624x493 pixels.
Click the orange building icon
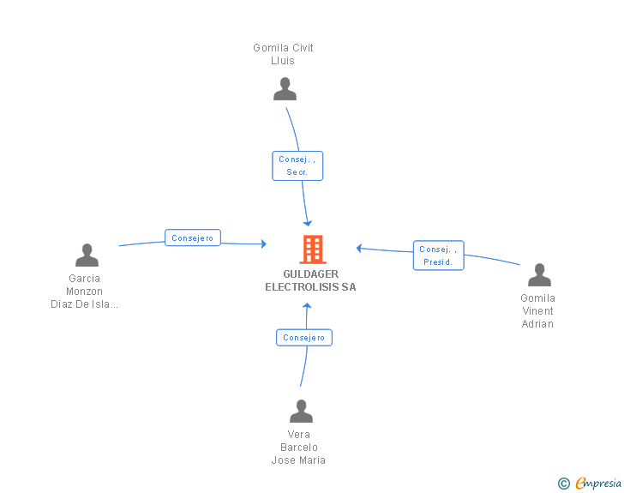pos(313,250)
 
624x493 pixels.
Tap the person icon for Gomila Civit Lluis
pos(285,89)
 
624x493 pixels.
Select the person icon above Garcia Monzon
pos(87,255)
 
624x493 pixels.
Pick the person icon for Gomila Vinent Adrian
pos(539,274)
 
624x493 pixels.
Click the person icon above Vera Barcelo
pos(301,411)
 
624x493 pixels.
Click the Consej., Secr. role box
pos(297,165)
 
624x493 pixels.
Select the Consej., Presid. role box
pos(439,256)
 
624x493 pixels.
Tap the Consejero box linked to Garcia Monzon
pos(193,237)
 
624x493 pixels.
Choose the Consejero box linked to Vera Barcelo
pos(304,337)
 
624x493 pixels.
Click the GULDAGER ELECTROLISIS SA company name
pos(311,280)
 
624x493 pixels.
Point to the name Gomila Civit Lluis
pos(283,54)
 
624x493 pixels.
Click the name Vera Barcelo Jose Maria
pos(298,448)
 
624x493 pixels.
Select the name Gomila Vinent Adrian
pos(537,311)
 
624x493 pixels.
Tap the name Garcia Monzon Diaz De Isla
pos(84,292)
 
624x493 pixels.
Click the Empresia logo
pos(598,483)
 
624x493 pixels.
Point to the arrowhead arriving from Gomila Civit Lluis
pos(308,223)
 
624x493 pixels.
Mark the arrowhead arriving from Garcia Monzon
pos(263,243)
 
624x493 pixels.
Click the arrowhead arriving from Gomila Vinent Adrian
pos(359,248)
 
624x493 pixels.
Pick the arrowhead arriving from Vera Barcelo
pos(307,306)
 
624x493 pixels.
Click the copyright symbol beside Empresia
pos(563,484)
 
